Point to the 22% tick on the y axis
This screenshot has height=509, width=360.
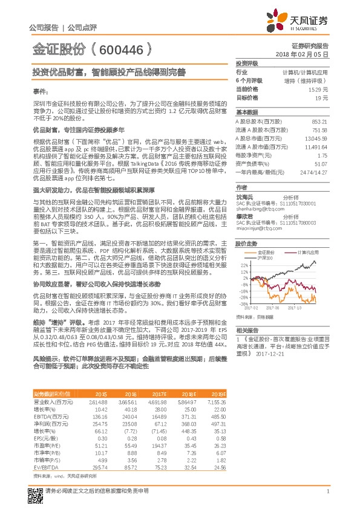click(x=243, y=265)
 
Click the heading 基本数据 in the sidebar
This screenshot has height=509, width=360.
click(x=247, y=112)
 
